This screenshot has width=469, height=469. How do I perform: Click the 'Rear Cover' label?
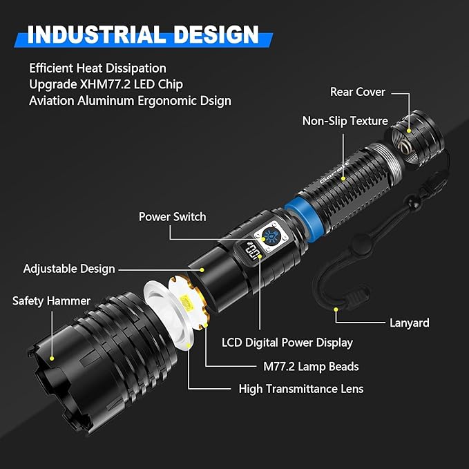click(x=357, y=92)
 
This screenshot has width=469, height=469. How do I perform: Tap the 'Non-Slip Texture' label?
click(x=345, y=121)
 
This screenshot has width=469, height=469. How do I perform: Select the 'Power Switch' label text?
click(x=172, y=217)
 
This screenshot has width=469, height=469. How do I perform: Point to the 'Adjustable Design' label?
click(x=69, y=269)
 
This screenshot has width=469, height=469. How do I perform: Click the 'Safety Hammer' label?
click(x=51, y=301)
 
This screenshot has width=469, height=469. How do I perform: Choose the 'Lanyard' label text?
click(x=409, y=323)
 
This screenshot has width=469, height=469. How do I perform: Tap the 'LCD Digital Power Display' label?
click(x=287, y=343)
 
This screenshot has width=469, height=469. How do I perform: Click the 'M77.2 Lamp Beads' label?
click(x=311, y=367)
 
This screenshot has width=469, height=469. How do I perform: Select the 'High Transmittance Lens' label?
click(x=301, y=389)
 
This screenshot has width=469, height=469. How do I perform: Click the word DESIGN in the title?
click(x=216, y=35)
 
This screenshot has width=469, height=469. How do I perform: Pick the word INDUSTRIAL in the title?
click(x=97, y=35)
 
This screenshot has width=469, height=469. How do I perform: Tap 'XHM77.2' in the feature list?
click(x=105, y=84)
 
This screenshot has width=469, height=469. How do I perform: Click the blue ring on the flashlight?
click(x=300, y=216)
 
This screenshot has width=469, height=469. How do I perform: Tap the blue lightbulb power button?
click(x=271, y=236)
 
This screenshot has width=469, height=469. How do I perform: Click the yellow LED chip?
click(x=186, y=302)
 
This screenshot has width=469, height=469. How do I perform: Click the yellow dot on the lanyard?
click(x=336, y=309)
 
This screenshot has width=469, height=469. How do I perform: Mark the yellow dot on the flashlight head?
click(x=52, y=358)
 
